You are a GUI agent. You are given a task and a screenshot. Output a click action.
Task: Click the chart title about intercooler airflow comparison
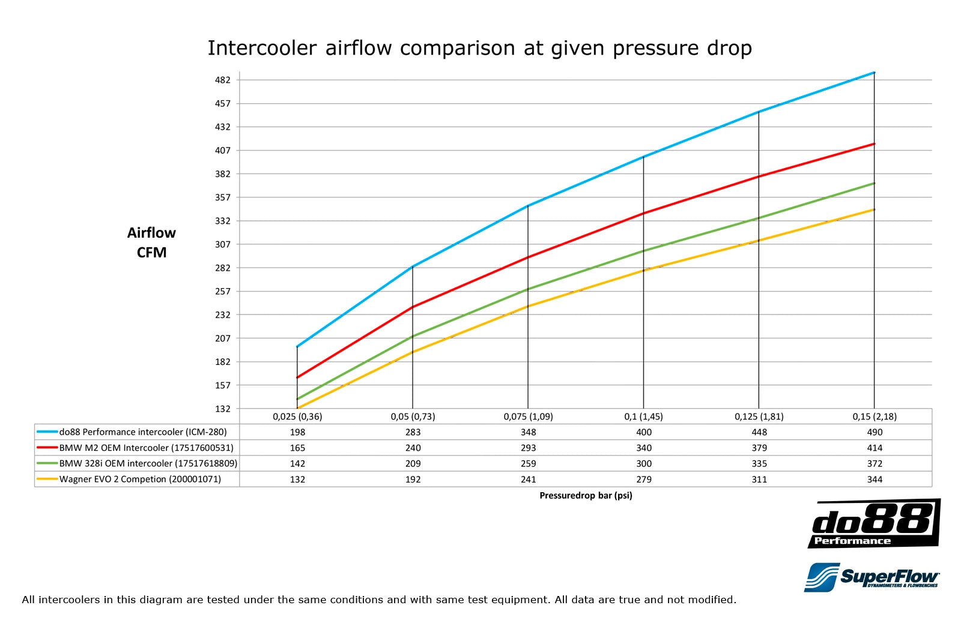point(479,48)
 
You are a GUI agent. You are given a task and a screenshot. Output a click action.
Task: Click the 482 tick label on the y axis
point(222,80)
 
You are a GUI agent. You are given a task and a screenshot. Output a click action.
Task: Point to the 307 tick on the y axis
point(222,244)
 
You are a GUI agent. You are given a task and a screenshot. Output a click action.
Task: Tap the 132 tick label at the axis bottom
point(222,409)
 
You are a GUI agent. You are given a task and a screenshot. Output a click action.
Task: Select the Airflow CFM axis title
point(151,242)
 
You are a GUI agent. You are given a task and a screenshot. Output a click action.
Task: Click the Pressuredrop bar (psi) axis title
point(586,496)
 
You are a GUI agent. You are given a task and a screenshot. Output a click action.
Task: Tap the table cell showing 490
point(875,432)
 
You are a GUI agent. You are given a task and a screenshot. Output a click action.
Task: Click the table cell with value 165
point(297,448)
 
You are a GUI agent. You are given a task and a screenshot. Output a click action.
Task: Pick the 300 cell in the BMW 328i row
point(644,464)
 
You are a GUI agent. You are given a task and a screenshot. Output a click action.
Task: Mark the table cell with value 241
point(528,480)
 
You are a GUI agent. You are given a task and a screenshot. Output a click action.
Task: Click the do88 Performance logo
point(874,523)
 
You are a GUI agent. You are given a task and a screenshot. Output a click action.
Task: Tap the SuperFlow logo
point(872,577)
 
